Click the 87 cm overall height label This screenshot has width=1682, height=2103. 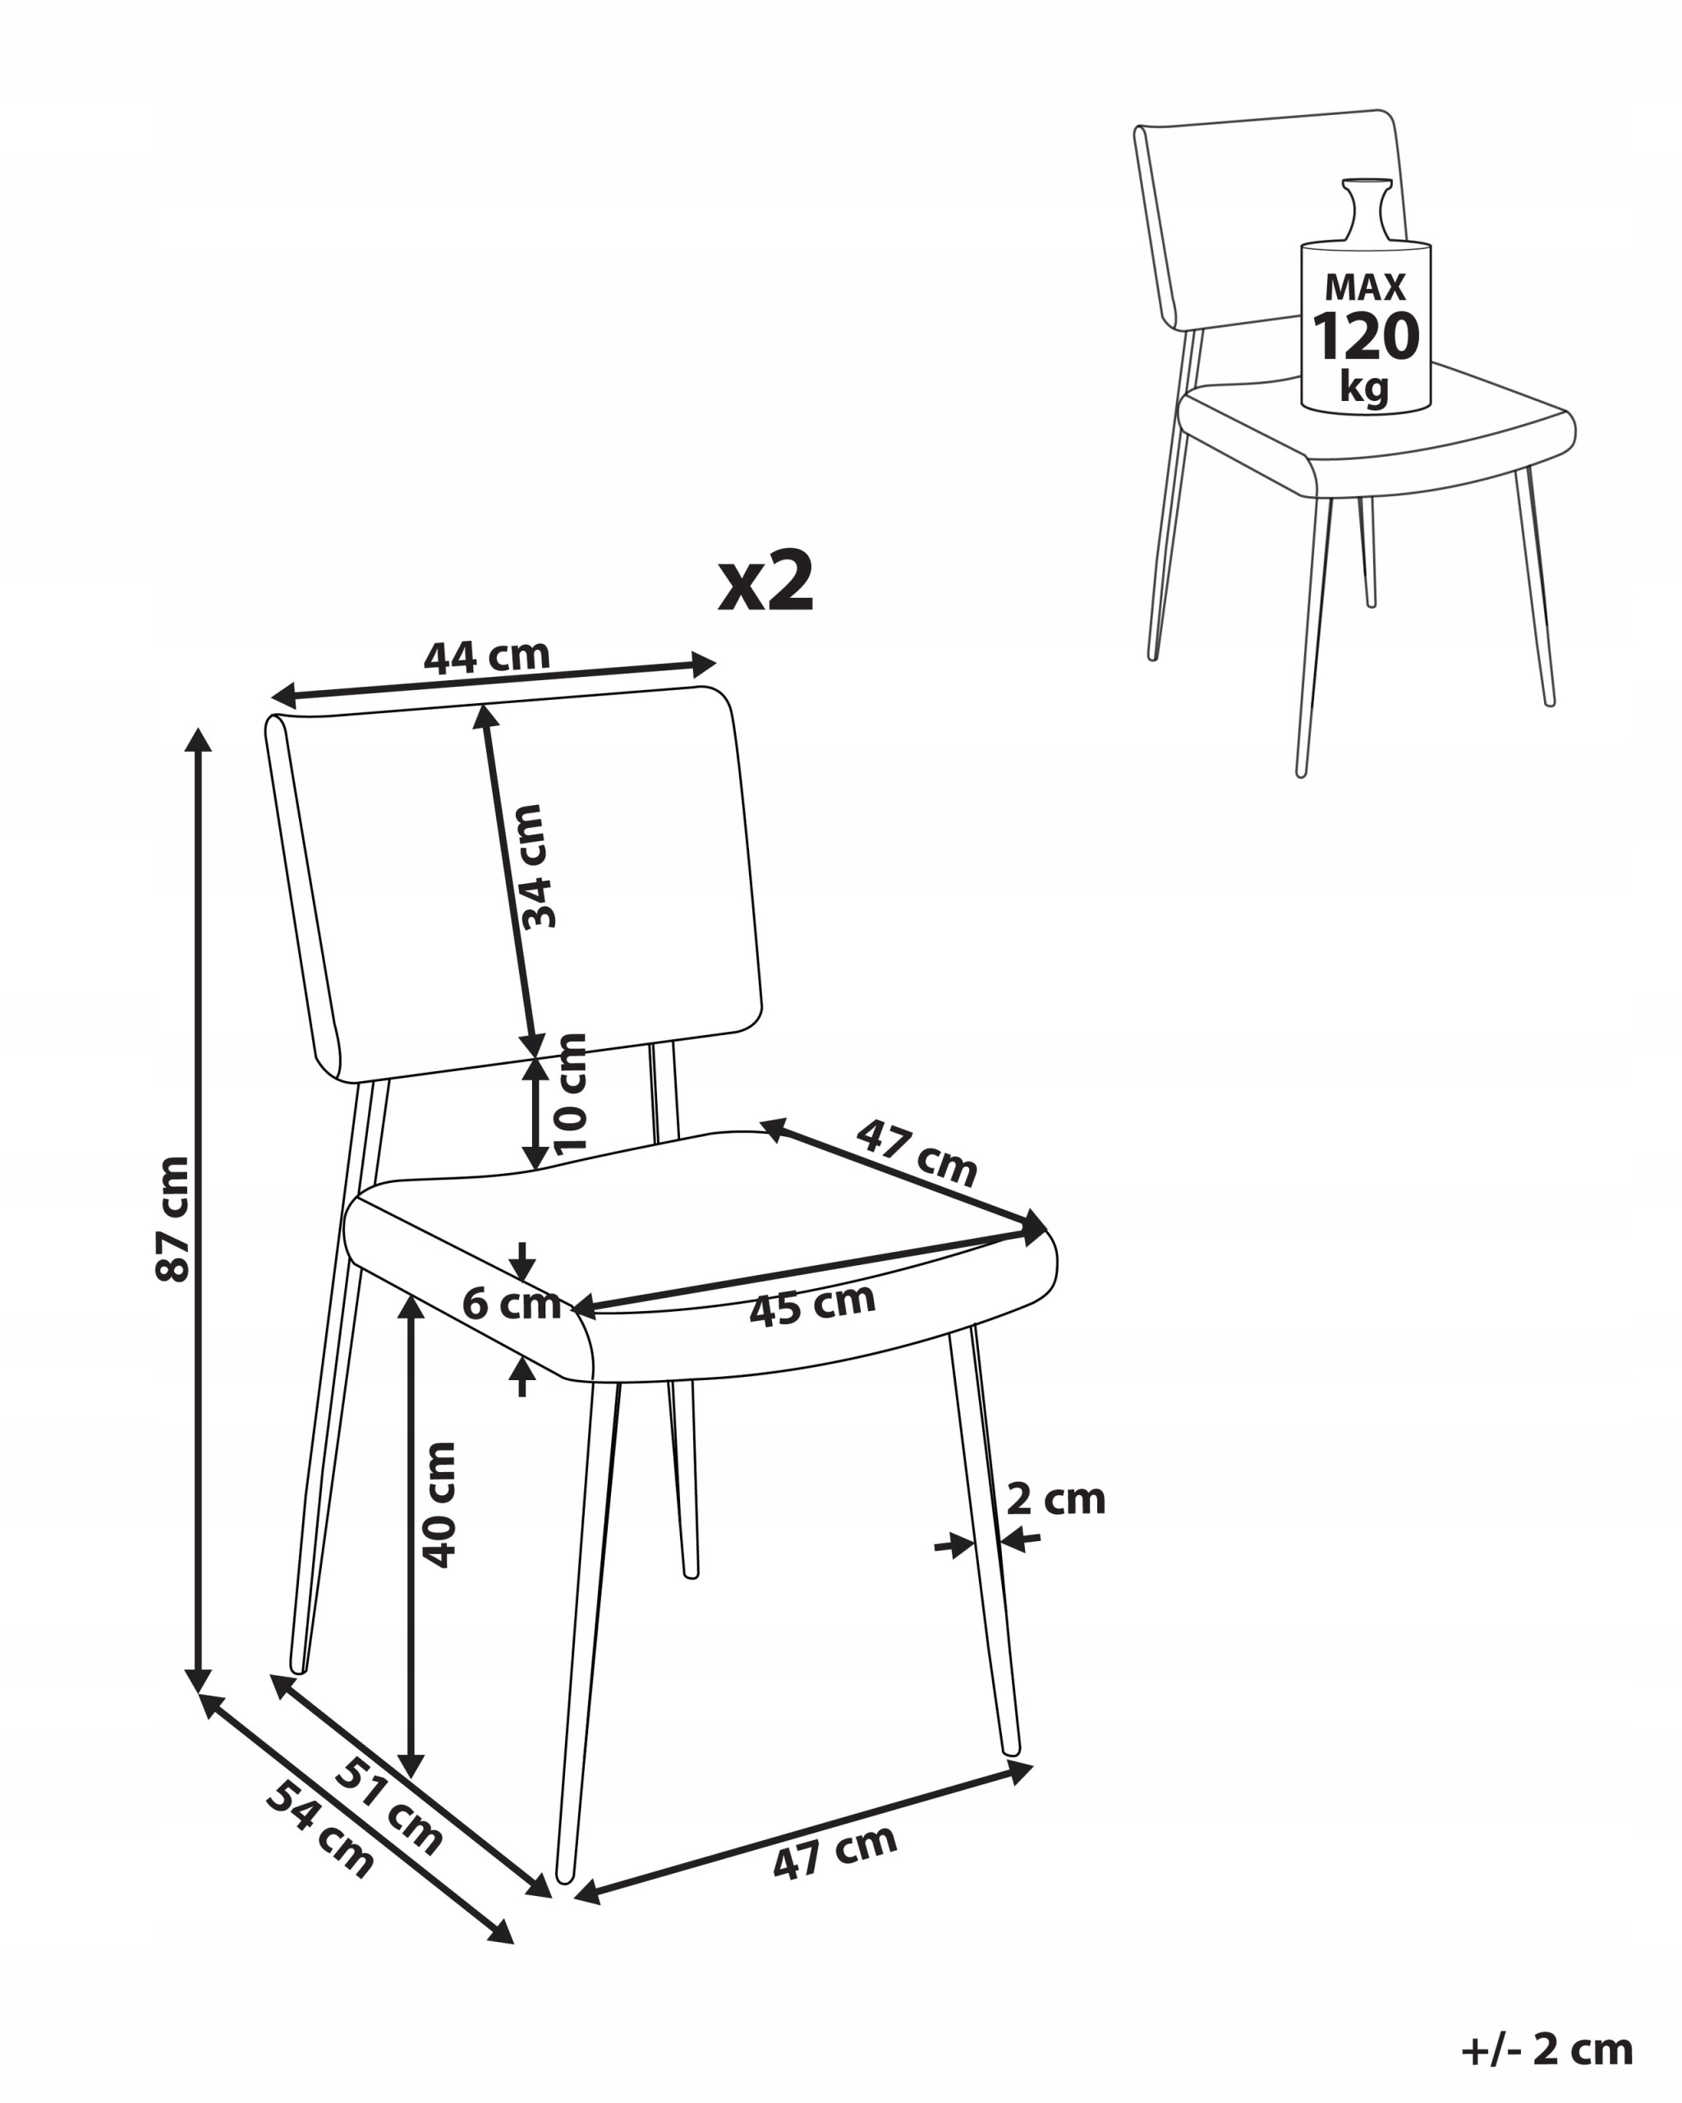coord(172,1218)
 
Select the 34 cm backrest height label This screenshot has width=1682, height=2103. coord(535,866)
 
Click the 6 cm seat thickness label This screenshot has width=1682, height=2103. coord(512,1303)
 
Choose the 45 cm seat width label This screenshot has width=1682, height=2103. coord(812,1305)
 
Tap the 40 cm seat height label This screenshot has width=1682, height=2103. coord(439,1504)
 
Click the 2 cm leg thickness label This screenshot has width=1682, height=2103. coord(1056,1499)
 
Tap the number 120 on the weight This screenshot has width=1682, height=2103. coord(1365,337)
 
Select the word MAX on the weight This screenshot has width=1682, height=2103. coord(1365,287)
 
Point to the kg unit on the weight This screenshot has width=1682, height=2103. coord(1364,387)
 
